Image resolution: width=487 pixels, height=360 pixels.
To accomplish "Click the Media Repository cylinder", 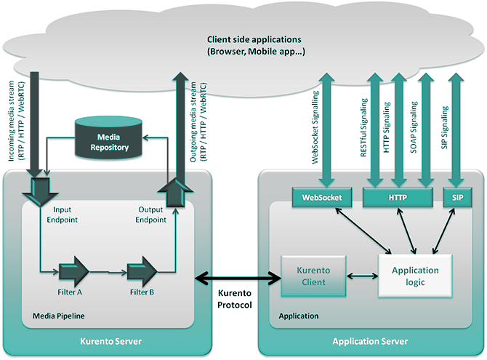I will coord(109,138).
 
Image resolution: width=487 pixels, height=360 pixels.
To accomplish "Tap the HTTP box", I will coord(398,196).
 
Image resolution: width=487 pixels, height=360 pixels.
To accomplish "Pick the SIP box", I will coord(458,196).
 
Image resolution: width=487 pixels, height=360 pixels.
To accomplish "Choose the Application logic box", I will coord(415,275).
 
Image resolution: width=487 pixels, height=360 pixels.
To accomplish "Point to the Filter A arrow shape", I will coord(73,272).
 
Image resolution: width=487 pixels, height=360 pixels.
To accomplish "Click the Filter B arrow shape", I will coord(141,272).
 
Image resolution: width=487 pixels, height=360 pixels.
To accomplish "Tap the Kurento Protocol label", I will coord(234,299).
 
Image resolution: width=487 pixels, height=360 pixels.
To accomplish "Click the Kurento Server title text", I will coord(108,341).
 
